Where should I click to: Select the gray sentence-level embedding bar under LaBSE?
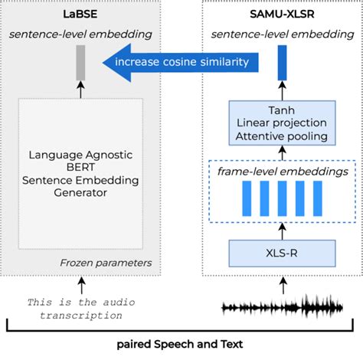(x=80, y=63)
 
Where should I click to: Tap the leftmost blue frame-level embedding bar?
(x=247, y=201)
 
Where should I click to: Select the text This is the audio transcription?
(x=80, y=307)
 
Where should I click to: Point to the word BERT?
(x=80, y=168)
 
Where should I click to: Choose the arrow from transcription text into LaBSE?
(x=80, y=286)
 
